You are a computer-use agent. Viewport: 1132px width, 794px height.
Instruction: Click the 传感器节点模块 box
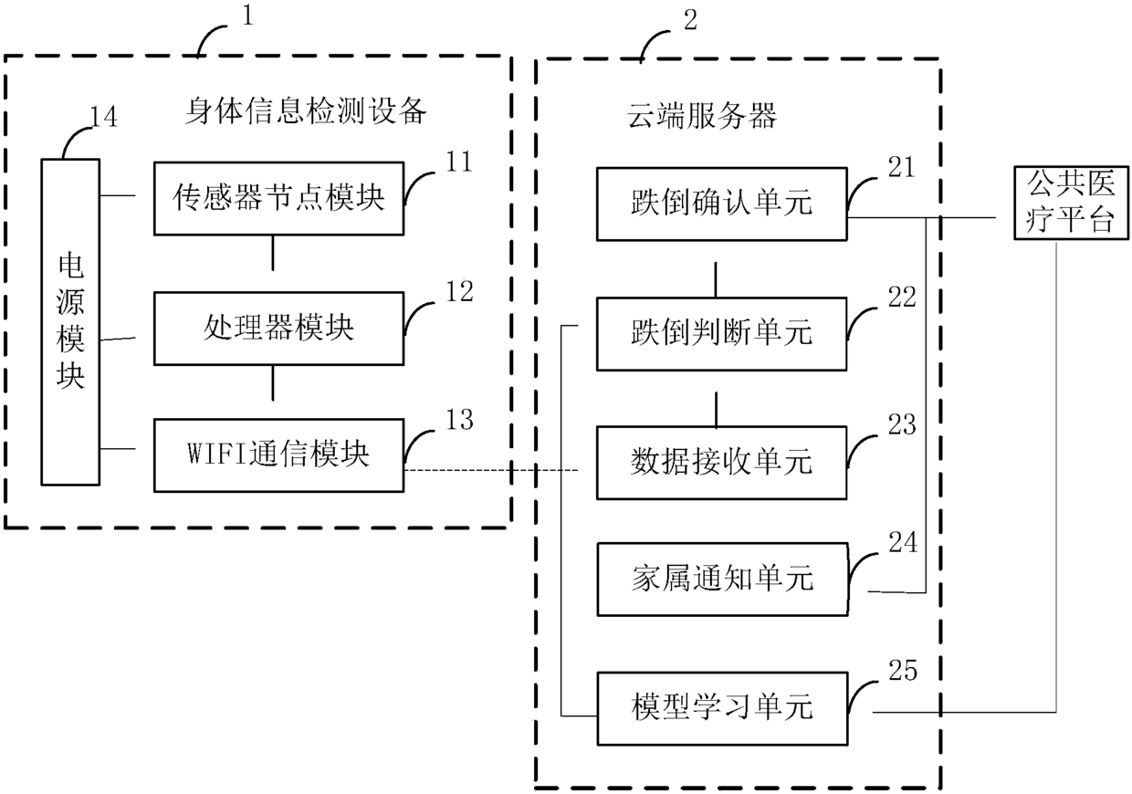click(x=279, y=199)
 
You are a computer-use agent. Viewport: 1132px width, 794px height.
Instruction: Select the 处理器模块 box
click(x=279, y=329)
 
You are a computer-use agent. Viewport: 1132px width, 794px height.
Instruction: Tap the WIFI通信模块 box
click(x=279, y=455)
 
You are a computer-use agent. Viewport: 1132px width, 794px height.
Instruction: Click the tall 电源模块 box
click(x=70, y=322)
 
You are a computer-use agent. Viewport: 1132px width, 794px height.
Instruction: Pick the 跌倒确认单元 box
click(x=721, y=204)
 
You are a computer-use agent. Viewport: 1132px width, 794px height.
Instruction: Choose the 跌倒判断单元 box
click(x=721, y=334)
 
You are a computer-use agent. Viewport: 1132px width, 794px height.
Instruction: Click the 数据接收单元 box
click(x=721, y=463)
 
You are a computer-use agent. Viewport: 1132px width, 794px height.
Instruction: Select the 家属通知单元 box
click(x=723, y=580)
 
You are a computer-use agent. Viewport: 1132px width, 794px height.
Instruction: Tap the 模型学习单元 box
click(x=723, y=708)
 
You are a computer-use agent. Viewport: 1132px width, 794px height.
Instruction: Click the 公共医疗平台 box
click(x=1071, y=203)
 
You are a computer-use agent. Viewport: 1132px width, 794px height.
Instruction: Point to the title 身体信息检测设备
click(x=306, y=110)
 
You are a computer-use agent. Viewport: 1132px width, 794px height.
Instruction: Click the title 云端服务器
click(x=702, y=116)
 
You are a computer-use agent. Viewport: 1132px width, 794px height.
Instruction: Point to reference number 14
click(x=103, y=117)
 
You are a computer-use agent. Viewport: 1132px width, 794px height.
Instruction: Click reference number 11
click(x=459, y=162)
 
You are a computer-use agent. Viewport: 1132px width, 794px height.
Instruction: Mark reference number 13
click(x=459, y=420)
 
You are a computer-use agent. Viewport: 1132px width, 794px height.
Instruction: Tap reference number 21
click(x=902, y=167)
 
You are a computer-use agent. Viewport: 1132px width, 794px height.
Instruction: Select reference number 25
click(x=903, y=671)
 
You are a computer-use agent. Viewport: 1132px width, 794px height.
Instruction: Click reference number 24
click(x=903, y=542)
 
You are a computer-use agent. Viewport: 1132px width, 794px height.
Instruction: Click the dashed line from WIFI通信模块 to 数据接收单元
click(x=491, y=470)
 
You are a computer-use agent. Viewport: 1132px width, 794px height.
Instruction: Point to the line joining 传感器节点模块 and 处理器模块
click(x=273, y=253)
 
